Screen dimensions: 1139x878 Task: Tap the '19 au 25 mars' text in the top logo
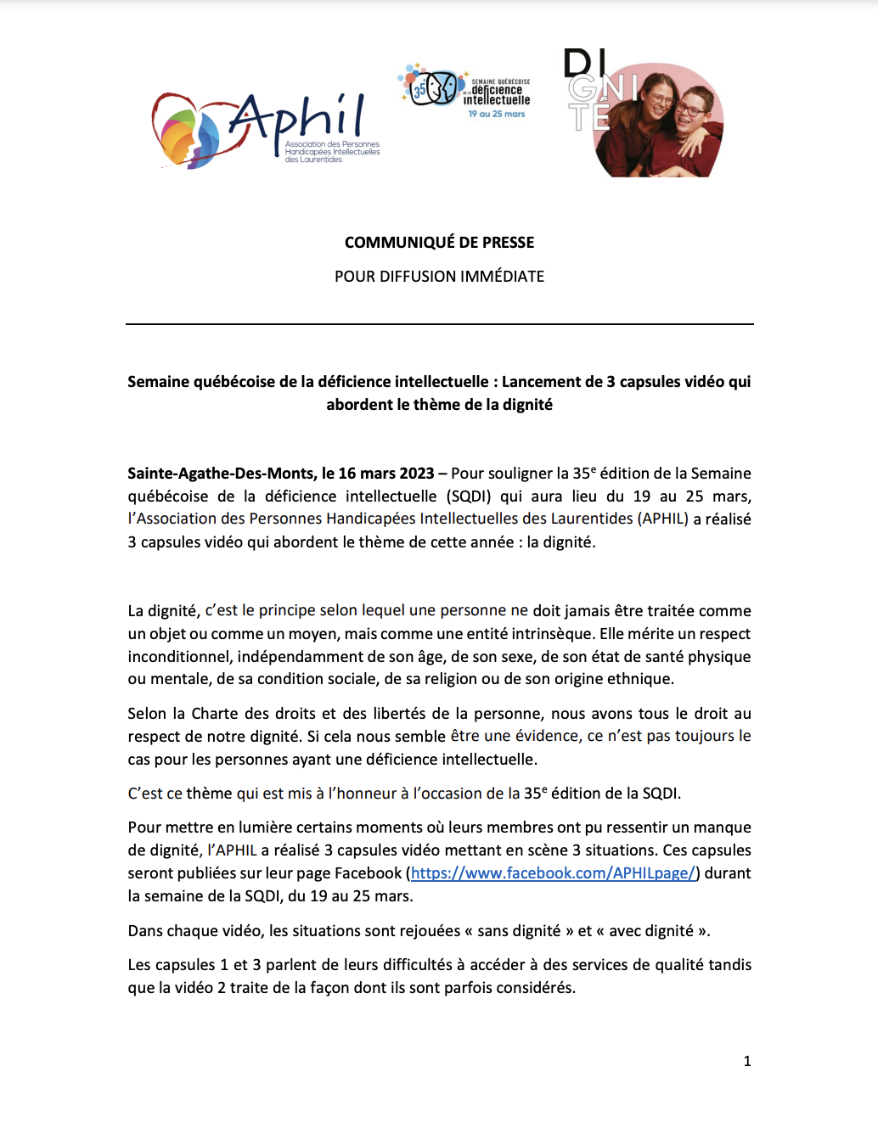(x=497, y=114)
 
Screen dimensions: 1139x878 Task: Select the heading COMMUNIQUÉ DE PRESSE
(x=439, y=243)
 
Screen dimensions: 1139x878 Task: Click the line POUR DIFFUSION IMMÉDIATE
(x=439, y=277)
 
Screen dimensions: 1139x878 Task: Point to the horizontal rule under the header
(x=439, y=324)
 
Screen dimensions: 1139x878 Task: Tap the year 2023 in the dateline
(x=416, y=474)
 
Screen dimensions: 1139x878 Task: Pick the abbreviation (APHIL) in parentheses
(x=665, y=519)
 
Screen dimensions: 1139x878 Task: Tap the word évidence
(x=548, y=736)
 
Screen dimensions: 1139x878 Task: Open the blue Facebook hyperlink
(x=553, y=873)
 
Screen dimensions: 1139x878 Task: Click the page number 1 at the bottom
(x=747, y=1062)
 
